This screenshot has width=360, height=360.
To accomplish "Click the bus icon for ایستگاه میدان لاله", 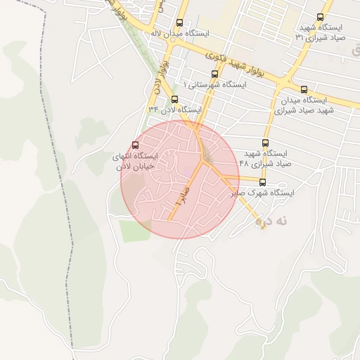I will point(179,22).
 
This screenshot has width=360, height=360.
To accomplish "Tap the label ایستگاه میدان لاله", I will point(179,33).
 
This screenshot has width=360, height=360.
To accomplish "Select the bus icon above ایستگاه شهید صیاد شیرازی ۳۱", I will point(321,18).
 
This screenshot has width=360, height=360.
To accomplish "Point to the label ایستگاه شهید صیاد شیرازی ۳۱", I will point(321,32).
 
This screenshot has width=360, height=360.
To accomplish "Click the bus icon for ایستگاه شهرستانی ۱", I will point(214,74).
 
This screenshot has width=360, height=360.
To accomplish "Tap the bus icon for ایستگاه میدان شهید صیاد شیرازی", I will point(304,89).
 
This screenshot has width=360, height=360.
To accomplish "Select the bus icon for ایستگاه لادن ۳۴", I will point(174,99).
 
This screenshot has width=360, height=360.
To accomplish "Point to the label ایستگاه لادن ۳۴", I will point(174,110).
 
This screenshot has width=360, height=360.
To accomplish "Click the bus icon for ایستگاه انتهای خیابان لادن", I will point(135,145).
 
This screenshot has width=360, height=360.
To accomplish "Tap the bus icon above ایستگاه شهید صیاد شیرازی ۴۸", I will point(265,143).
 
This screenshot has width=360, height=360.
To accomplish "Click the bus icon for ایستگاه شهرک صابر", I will point(263,181).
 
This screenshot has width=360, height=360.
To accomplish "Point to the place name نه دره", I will point(272,221).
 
